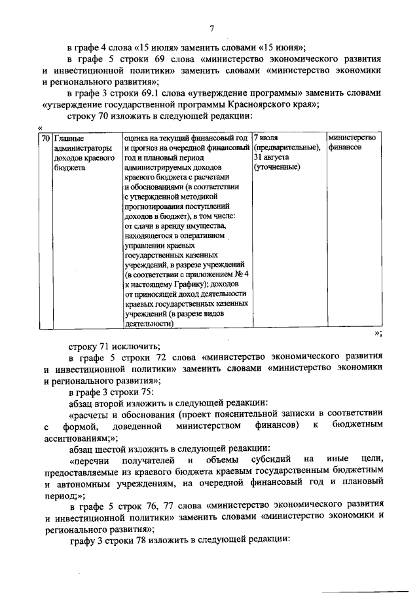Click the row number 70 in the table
click(45, 139)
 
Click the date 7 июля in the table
click(266, 139)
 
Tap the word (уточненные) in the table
click(277, 168)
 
